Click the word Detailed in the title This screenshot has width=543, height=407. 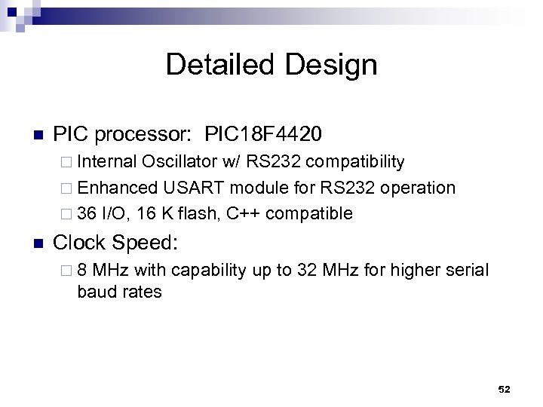point(219,65)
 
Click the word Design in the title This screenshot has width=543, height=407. point(331,65)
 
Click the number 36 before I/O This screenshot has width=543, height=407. point(86,213)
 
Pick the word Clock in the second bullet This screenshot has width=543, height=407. point(80,242)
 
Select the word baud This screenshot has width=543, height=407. point(94,291)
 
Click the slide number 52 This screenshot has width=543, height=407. point(505,389)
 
